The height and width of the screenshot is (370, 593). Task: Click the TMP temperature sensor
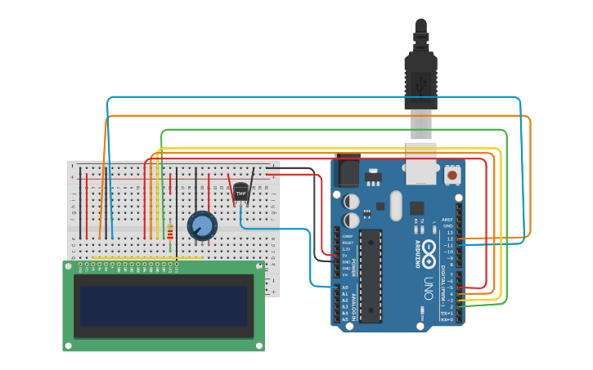[x=240, y=193]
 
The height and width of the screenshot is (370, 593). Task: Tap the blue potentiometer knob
[x=201, y=225]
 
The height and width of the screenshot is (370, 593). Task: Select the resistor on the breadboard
[x=170, y=233]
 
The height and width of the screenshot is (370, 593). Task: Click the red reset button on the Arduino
[x=451, y=174]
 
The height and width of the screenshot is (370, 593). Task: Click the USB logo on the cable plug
[x=421, y=83]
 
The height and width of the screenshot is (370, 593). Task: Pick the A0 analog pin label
[x=344, y=288]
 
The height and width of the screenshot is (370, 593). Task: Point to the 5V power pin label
[x=345, y=255]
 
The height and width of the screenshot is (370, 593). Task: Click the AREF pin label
[x=447, y=220]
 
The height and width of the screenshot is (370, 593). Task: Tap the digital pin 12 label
[x=448, y=238]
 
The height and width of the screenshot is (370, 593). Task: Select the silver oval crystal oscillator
[x=396, y=205]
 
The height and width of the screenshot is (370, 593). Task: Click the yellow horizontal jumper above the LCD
[x=147, y=259]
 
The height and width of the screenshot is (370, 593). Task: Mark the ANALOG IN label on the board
[x=353, y=304]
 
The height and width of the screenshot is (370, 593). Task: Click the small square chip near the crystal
[x=417, y=207]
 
